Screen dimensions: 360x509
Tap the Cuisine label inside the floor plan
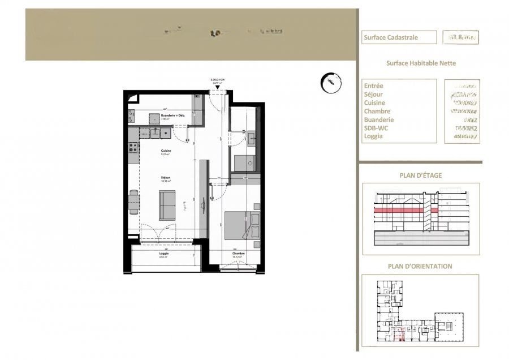166,151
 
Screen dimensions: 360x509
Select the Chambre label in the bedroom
236,254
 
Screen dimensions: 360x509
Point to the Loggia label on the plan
163,254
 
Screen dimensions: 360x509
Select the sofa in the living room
167,204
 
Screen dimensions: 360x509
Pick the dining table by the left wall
134,202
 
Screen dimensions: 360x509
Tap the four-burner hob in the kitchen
133,148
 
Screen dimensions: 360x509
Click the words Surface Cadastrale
391,38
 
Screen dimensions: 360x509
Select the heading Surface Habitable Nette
421,63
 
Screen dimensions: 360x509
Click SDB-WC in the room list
377,128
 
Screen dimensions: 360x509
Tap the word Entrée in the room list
374,86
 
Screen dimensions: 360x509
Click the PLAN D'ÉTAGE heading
421,175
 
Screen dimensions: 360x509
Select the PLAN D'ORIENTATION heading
420,266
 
